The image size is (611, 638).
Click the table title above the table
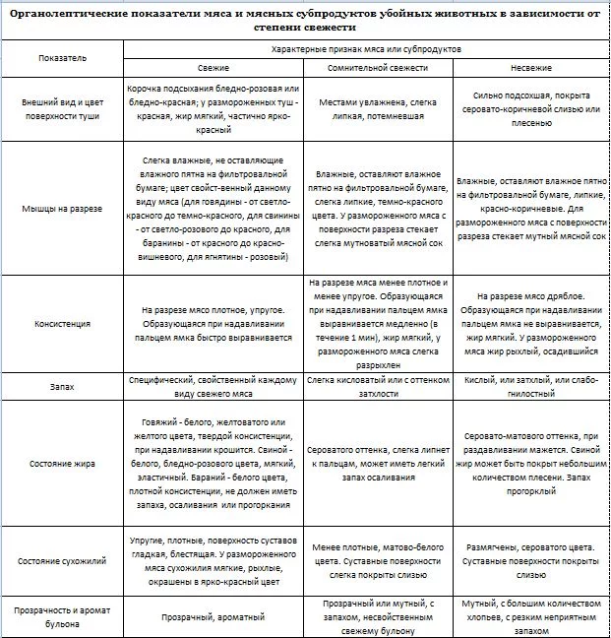pos(305,19)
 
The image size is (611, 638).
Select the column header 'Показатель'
pos(62,58)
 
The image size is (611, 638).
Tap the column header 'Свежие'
pos(213,68)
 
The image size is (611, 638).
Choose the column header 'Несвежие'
pos(535,68)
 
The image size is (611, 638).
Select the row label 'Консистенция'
pos(62,322)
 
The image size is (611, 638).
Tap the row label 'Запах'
pos(62,387)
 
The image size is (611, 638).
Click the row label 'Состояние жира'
pos(62,464)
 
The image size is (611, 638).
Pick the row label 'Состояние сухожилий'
pos(62,560)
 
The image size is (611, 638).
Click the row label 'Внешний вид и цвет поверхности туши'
pos(62,108)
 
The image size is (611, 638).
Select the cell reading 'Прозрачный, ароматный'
pos(213,616)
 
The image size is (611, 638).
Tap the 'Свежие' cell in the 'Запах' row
pos(213,387)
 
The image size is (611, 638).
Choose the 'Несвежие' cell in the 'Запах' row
pos(535,387)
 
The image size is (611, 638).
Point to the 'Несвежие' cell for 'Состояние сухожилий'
pos(535,560)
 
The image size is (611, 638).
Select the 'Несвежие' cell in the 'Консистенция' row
pos(535,322)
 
